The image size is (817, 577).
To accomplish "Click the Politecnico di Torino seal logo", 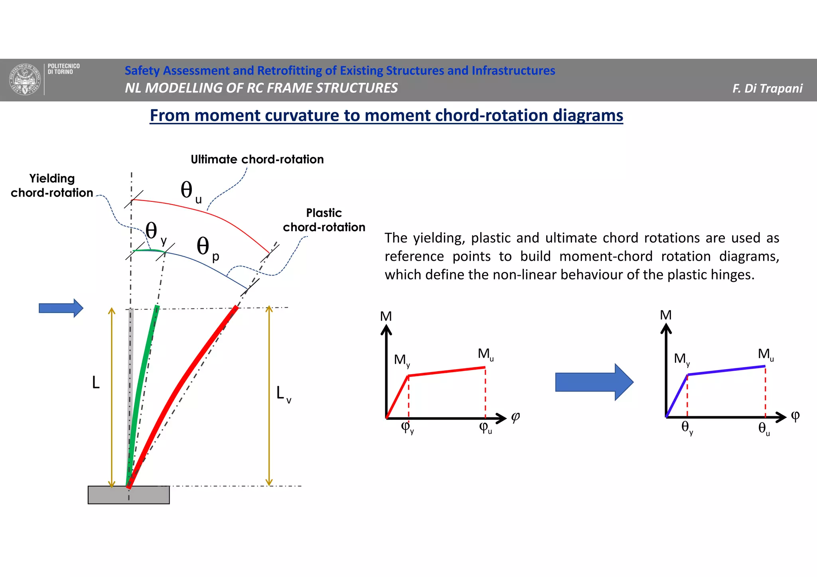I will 25,79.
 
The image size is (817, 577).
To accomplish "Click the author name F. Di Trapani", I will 767,89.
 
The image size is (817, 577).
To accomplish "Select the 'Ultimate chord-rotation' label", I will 257,160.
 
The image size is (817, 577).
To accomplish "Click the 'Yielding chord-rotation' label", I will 52,185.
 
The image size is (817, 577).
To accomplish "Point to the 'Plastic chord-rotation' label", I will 324,220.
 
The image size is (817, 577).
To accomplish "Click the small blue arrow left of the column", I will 61,308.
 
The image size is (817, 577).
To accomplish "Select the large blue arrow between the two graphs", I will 594,382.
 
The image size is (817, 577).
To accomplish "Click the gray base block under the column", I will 128,495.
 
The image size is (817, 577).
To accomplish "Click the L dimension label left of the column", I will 96,383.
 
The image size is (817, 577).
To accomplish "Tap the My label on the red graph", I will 402,360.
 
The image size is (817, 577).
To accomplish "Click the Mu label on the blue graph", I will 766,354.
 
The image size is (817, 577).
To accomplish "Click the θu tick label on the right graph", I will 764,429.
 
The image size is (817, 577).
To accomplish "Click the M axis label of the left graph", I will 386,316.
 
